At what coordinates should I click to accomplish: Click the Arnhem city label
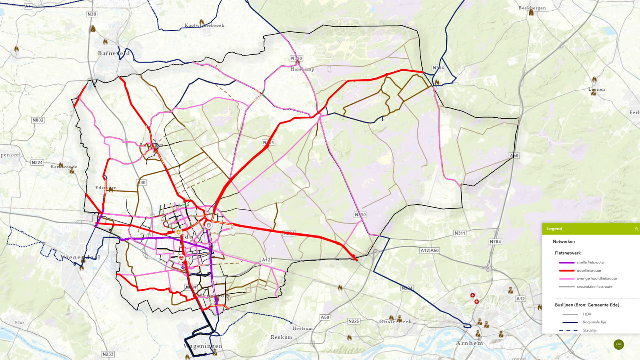[469, 343]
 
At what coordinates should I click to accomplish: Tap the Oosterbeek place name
[396, 322]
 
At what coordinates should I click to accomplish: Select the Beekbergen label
[532, 8]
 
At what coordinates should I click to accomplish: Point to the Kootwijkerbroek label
[204, 25]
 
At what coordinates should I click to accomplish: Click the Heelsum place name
[302, 328]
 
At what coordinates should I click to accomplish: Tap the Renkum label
[281, 337]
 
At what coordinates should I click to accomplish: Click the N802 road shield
[38, 120]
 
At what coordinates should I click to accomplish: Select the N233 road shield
[108, 354]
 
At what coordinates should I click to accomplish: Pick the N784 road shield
[495, 242]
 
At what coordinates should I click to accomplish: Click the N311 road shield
[460, 233]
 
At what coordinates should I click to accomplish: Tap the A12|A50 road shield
[430, 250]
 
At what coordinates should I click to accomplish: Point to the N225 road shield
[354, 321]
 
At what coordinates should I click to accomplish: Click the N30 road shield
[92, 14]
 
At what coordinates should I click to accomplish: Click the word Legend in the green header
[554, 229]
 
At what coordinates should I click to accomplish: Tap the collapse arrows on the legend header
[636, 229]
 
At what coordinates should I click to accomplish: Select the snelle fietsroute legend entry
[590, 262]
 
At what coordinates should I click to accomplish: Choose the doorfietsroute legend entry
[589, 270]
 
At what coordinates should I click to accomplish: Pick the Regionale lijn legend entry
[594, 322]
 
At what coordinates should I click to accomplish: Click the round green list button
[619, 344]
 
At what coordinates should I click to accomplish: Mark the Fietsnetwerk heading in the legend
[568, 253]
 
